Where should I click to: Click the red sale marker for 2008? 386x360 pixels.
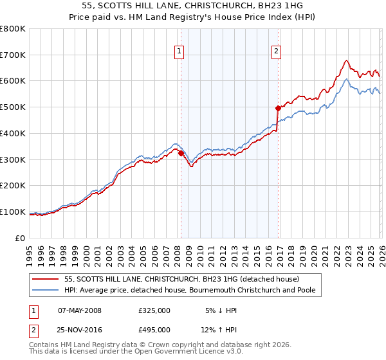pyautogui.click(x=181, y=152)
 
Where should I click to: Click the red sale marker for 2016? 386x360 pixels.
pyautogui.click(x=279, y=108)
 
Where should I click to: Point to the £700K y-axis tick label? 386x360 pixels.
pyautogui.click(x=13, y=55)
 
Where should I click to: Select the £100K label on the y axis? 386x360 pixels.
pyautogui.click(x=13, y=212)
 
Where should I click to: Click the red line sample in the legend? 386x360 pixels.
pyautogui.click(x=46, y=280)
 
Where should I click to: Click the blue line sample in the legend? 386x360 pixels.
pyautogui.click(x=46, y=291)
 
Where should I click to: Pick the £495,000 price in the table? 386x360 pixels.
pyautogui.click(x=154, y=330)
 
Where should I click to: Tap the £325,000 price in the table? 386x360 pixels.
pyautogui.click(x=154, y=310)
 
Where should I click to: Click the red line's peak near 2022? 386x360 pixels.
pyautogui.click(x=346, y=61)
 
